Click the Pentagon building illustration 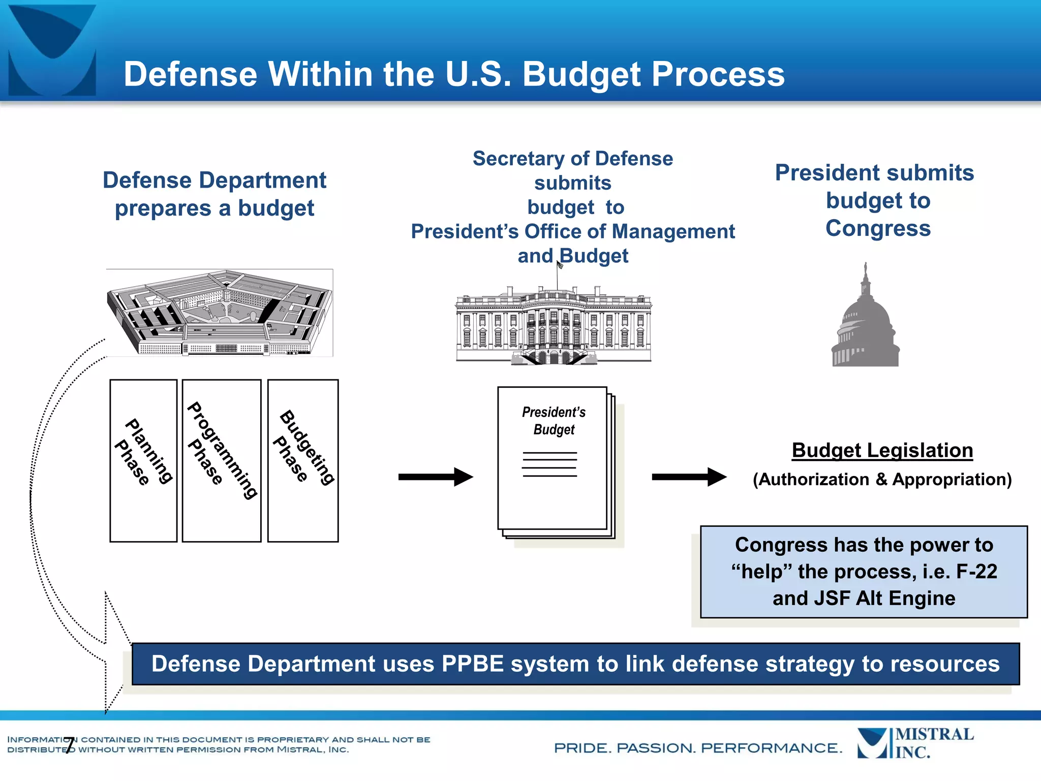220,313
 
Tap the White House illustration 554,325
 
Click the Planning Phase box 143,460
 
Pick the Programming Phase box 222,460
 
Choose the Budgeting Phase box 303,460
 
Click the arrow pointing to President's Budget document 436,477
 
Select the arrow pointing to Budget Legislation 689,477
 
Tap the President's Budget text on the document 554,420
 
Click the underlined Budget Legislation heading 882,450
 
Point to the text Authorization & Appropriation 882,479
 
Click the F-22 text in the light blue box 976,572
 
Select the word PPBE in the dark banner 472,664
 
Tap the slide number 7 70,745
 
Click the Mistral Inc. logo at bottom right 915,743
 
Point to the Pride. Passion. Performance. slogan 697,748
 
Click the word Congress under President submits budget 878,228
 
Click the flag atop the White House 560,265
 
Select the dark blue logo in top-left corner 52,50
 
